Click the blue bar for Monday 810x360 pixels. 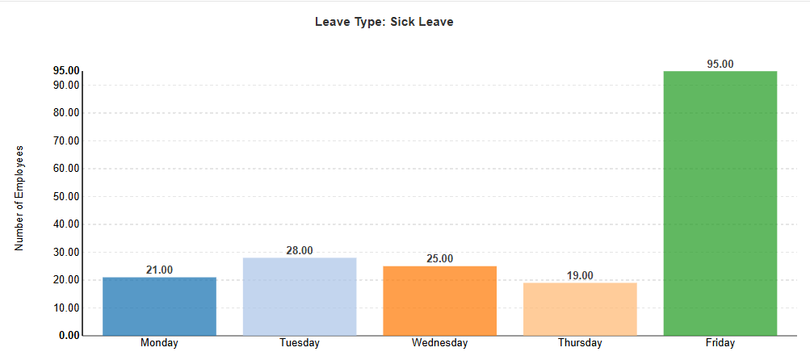pos(159,306)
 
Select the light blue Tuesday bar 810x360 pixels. pos(300,296)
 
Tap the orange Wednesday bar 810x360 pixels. pos(439,300)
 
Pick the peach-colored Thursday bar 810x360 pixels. pos(580,308)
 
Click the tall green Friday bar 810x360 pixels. pos(720,203)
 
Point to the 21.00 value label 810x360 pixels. pos(159,270)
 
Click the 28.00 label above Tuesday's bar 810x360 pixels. pos(300,250)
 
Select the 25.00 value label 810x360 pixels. pos(439,258)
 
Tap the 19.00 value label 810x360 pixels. pos(580,275)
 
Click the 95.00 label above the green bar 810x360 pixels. pos(720,64)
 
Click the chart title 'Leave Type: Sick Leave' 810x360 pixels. pos(384,22)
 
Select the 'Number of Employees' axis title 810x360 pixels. pos(20,199)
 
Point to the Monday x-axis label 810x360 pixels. pos(159,343)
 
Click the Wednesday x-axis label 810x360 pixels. pos(439,343)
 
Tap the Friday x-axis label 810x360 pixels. pos(720,343)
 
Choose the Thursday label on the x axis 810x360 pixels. pos(580,343)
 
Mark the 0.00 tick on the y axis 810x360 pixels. pos(69,335)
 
